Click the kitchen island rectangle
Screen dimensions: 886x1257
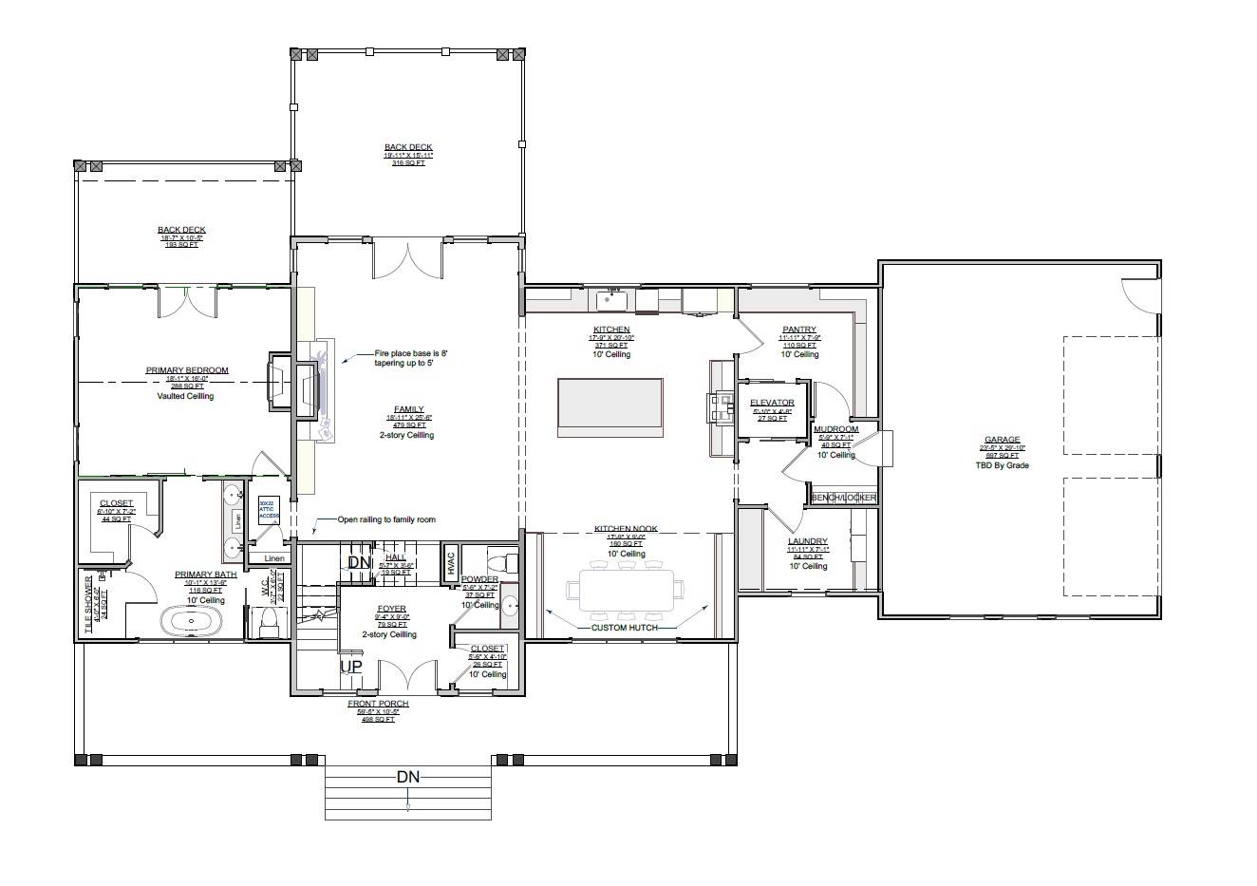pos(610,407)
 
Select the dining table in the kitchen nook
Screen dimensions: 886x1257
pos(625,591)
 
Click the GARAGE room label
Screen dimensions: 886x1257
pos(1002,441)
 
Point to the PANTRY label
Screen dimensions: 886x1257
pos(799,330)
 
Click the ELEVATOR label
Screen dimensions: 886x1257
pos(772,403)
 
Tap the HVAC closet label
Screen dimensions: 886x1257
pos(451,563)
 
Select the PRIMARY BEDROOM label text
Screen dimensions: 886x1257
pos(187,370)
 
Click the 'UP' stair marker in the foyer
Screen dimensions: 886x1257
pos(351,667)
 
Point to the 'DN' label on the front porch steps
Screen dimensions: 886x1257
pos(407,777)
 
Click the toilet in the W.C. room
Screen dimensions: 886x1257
pos(268,622)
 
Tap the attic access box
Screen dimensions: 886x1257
pos(268,510)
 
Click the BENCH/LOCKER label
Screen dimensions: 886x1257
pos(843,498)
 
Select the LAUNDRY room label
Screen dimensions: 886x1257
pos(808,541)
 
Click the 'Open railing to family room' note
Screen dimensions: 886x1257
pos(385,519)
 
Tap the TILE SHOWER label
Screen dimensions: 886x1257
pos(90,604)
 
